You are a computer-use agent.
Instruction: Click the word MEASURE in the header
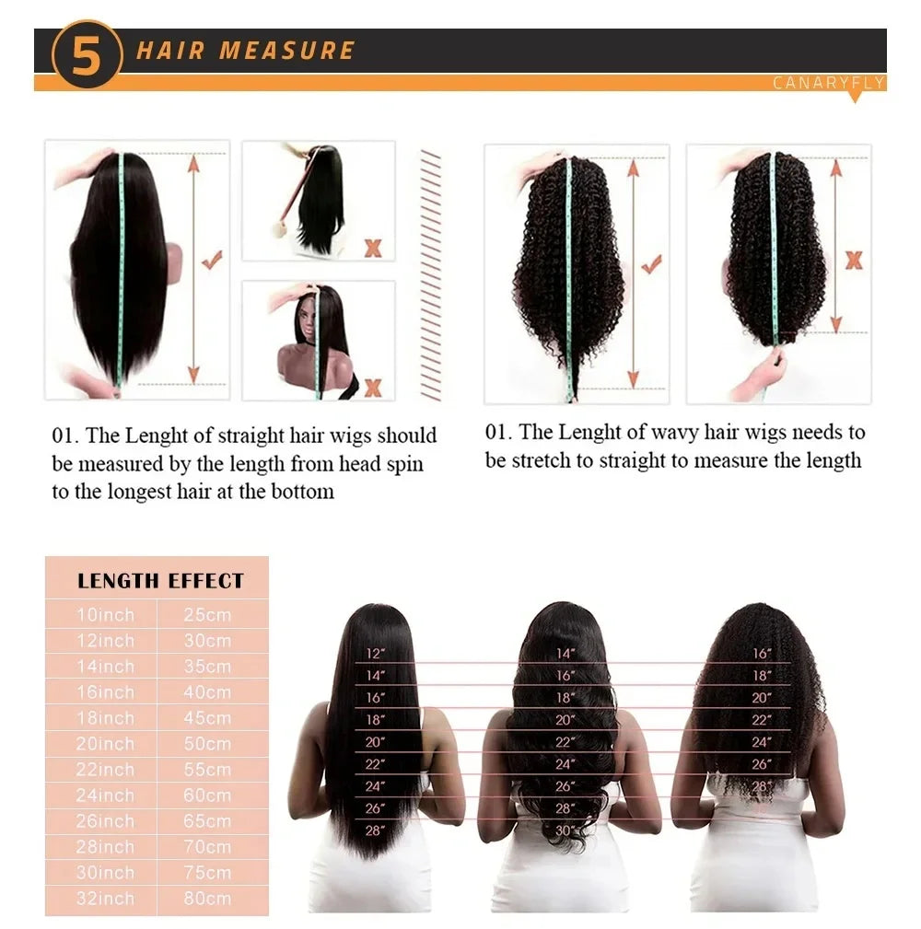[286, 50]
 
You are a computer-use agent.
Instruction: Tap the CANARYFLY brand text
[828, 83]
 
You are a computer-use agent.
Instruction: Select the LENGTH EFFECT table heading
[160, 581]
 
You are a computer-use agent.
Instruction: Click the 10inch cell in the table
[105, 615]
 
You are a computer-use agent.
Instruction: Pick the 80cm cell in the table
[207, 898]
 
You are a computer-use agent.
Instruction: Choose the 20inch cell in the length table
[105, 743]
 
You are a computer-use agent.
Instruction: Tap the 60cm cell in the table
[207, 795]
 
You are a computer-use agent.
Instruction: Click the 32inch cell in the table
[105, 898]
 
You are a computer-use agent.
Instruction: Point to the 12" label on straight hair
[375, 654]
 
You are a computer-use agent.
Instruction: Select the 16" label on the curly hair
[762, 654]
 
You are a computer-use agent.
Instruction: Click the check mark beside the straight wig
[212, 260]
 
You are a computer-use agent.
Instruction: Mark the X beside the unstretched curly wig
[854, 261]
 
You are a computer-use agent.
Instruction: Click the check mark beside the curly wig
[652, 265]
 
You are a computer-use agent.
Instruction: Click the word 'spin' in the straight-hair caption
[405, 464]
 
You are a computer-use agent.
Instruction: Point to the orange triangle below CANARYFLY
[854, 96]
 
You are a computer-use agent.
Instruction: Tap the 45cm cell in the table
[207, 717]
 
